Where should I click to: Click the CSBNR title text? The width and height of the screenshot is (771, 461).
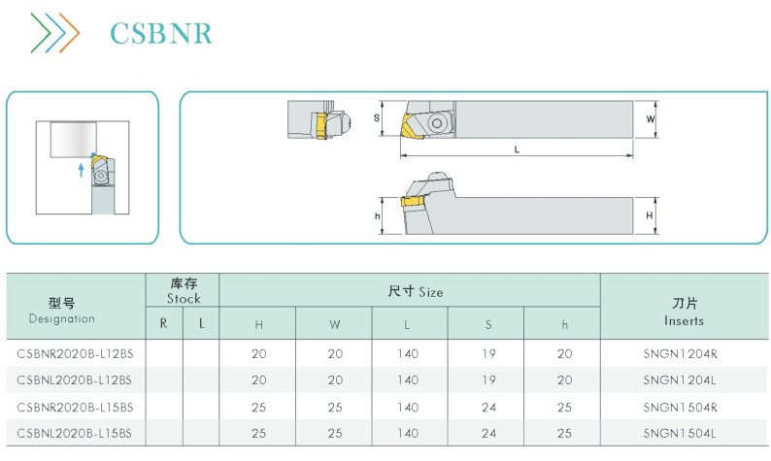pyautogui.click(x=161, y=33)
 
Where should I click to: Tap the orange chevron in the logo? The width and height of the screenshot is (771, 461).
pyautogui.click(x=70, y=33)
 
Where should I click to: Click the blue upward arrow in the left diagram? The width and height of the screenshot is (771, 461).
pyautogui.click(x=82, y=170)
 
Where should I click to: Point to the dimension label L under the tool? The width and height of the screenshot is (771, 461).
pyautogui.click(x=517, y=149)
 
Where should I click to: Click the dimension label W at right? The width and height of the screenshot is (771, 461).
pyautogui.click(x=650, y=119)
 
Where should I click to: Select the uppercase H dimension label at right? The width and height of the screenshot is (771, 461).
pyautogui.click(x=650, y=215)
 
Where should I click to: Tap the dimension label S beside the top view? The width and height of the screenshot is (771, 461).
pyautogui.click(x=377, y=118)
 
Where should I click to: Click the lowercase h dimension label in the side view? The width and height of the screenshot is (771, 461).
pyautogui.click(x=377, y=216)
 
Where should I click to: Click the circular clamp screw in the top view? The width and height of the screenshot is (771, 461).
pyautogui.click(x=437, y=123)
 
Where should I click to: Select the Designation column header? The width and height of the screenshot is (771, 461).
pyautogui.click(x=62, y=311)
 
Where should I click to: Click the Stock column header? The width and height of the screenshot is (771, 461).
pyautogui.click(x=184, y=291)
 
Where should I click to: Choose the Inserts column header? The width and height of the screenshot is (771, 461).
pyautogui.click(x=684, y=312)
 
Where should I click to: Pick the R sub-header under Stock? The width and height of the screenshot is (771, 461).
pyautogui.click(x=164, y=323)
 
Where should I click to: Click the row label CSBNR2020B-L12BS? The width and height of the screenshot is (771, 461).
pyautogui.click(x=75, y=354)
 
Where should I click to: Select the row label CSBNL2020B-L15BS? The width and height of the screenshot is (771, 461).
pyautogui.click(x=74, y=434)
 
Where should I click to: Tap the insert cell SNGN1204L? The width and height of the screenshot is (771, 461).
pyautogui.click(x=680, y=380)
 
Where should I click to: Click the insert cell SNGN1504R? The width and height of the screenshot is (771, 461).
pyautogui.click(x=680, y=408)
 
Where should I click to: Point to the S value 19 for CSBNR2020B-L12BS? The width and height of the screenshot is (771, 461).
pyautogui.click(x=488, y=354)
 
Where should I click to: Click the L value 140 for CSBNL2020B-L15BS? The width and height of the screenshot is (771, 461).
pyautogui.click(x=408, y=434)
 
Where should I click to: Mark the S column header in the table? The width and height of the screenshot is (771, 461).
pyautogui.click(x=488, y=325)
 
